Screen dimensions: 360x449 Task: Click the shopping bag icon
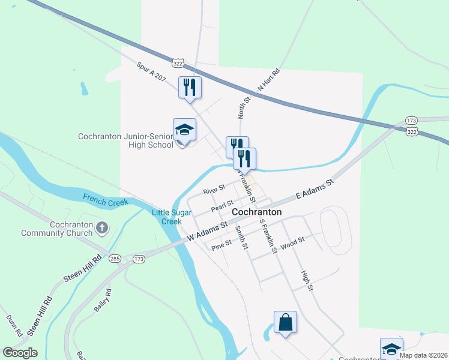[x=285, y=322]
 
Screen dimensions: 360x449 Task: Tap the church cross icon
[x=103, y=228]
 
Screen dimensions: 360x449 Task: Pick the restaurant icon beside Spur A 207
[x=190, y=88]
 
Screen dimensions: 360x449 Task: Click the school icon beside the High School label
[x=184, y=130]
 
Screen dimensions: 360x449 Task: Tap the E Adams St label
[x=313, y=188]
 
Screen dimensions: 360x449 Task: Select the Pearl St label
[x=221, y=206]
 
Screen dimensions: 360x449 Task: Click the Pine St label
[x=221, y=244]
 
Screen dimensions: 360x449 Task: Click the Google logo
[x=20, y=353]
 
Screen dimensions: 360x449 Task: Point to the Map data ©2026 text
[x=423, y=355]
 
